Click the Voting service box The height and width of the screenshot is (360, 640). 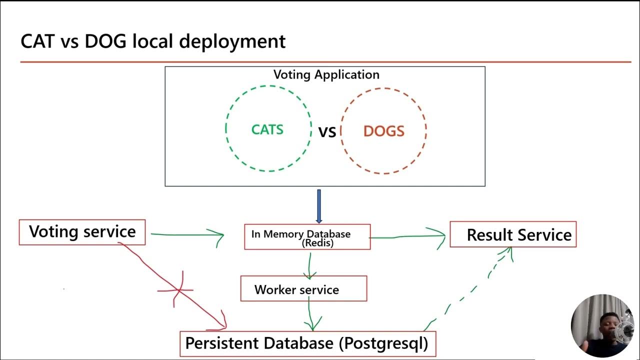click(x=82, y=232)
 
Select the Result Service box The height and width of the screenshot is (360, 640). click(x=513, y=234)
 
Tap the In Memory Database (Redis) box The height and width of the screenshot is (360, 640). click(x=307, y=237)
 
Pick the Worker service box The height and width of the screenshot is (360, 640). click(x=303, y=289)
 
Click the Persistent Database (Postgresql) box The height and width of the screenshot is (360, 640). click(x=307, y=343)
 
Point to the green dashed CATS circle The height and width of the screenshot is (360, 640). click(x=268, y=129)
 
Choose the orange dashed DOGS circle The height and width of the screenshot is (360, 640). click(x=383, y=131)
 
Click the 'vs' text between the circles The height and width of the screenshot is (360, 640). click(x=327, y=132)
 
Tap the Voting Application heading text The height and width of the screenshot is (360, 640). click(x=326, y=74)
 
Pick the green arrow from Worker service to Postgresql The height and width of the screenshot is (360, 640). click(x=311, y=315)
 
